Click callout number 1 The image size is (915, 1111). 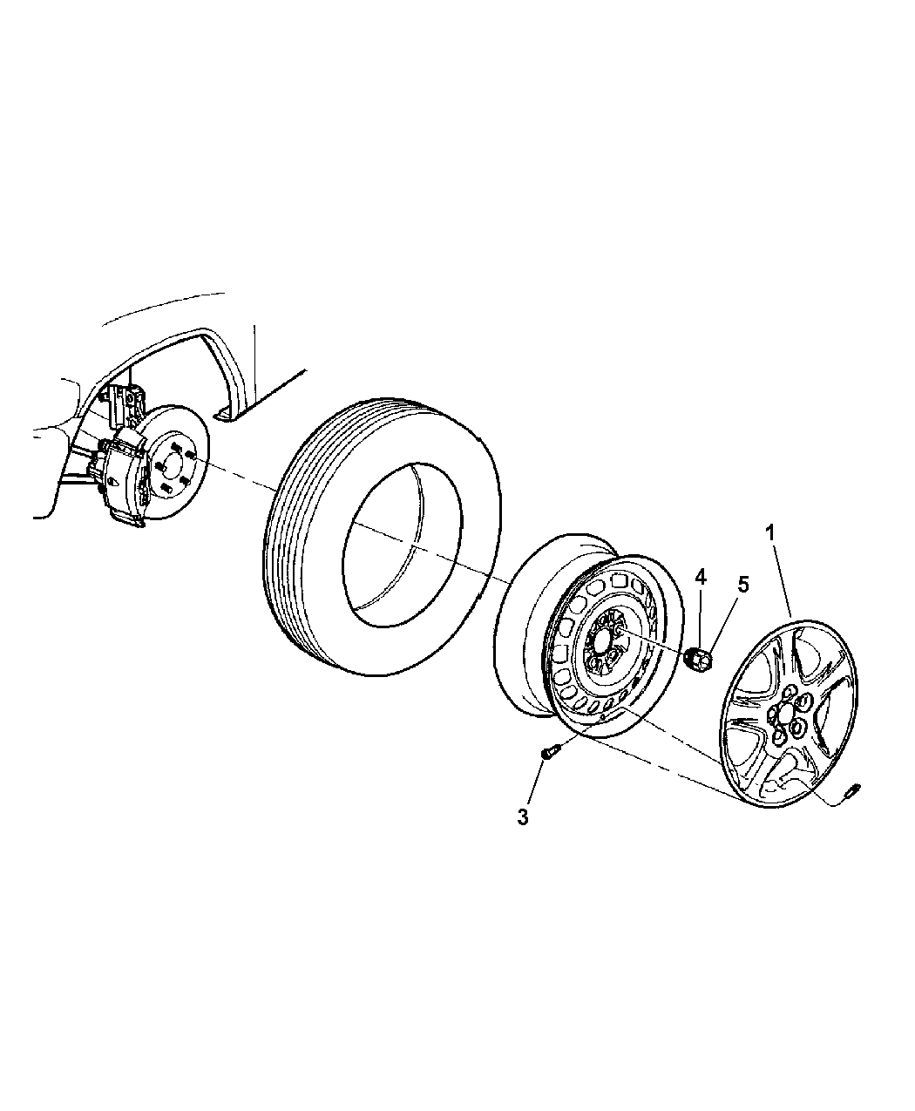coord(770,531)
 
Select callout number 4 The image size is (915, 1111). coord(701,576)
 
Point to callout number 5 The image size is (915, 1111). coord(742,585)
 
